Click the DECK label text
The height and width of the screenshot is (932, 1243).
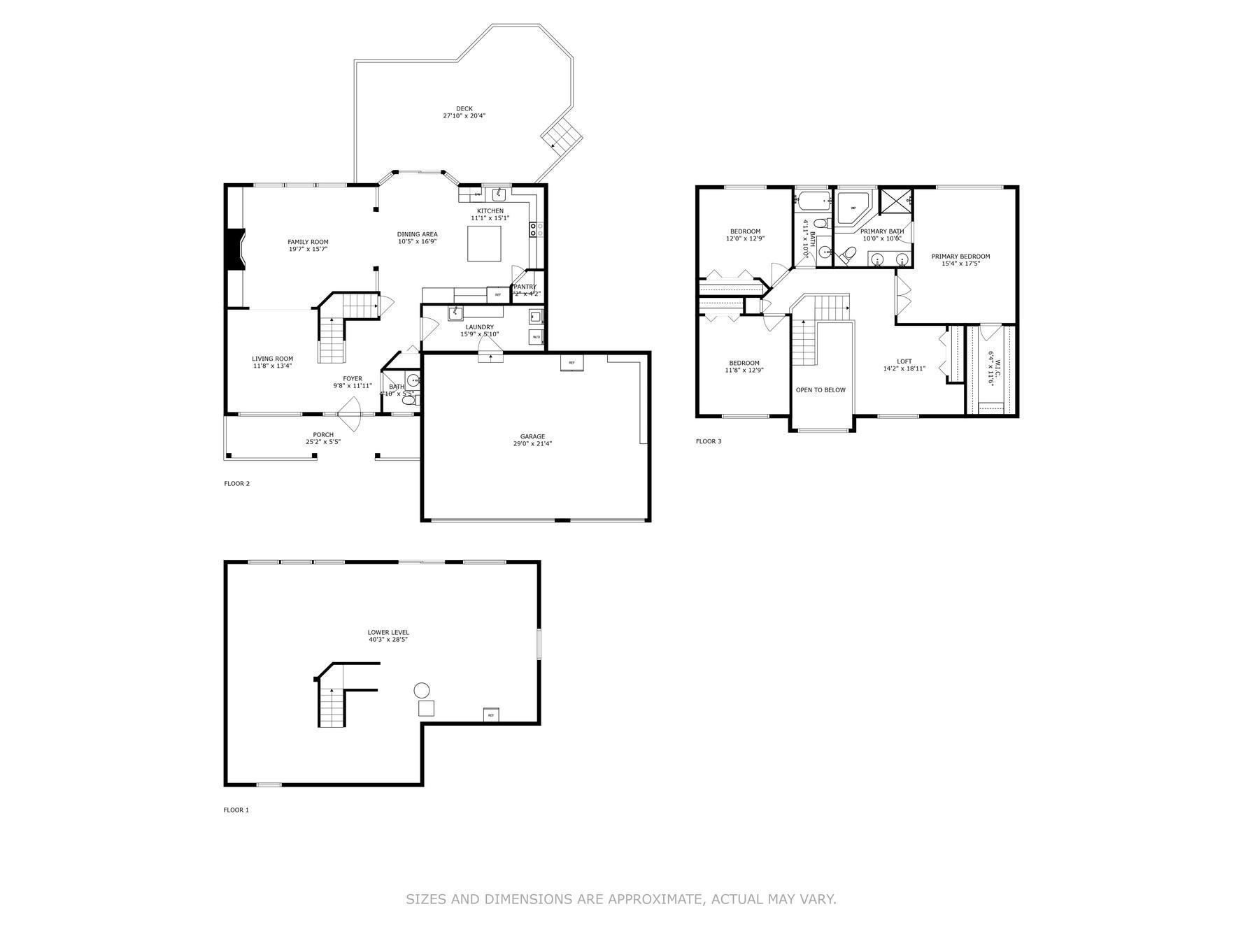click(464, 108)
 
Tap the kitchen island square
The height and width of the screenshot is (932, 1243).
click(484, 243)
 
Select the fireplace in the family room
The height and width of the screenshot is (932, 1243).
click(239, 250)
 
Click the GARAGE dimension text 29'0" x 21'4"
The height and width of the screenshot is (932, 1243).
click(532, 443)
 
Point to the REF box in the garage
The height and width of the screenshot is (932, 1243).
click(571, 363)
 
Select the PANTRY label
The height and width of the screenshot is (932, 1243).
click(525, 287)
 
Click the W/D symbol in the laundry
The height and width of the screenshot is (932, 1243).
click(537, 337)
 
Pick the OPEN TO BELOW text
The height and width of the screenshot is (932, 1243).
click(821, 390)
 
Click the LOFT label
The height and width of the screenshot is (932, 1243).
click(904, 361)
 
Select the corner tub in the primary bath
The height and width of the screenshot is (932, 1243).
click(853, 207)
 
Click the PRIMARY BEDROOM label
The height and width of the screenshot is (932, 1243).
click(960, 257)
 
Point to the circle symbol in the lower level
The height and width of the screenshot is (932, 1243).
click(421, 690)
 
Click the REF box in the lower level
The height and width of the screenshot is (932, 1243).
click(490, 715)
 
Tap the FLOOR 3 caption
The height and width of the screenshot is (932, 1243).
click(708, 441)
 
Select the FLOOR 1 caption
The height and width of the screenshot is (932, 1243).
click(236, 810)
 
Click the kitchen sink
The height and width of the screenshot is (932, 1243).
click(499, 194)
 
